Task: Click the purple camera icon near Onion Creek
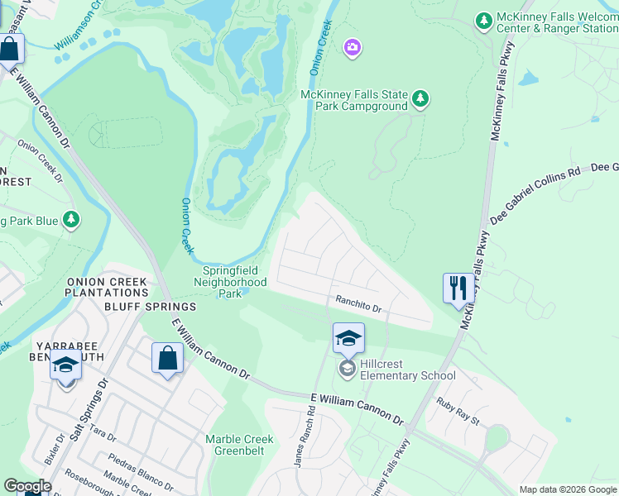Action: coord(353,48)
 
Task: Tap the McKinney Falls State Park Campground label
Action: coord(354,101)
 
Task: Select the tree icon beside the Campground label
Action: coord(420,99)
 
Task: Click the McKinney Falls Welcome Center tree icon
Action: coord(484,19)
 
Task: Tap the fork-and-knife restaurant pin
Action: coord(458,289)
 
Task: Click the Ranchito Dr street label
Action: coord(357,305)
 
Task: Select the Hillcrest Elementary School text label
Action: coord(407,369)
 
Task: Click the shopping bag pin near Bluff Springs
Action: coord(167,359)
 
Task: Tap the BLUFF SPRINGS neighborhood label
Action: coord(149,306)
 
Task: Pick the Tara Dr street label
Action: coord(103,433)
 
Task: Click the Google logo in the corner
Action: coord(27,486)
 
